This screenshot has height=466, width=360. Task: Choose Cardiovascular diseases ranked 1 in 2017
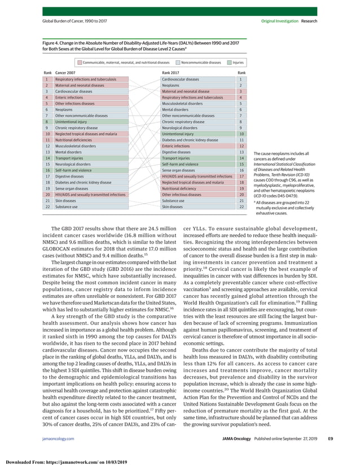[180, 80]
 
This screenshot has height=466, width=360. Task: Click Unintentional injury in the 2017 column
[177, 134]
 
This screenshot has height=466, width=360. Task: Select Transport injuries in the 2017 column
[177, 159]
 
